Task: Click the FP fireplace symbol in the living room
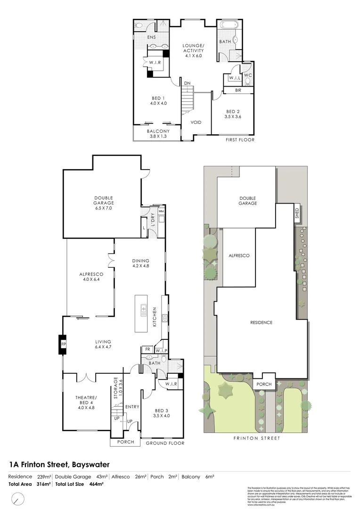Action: tap(63, 345)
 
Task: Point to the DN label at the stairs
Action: tap(187, 83)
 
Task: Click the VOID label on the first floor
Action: tap(196, 123)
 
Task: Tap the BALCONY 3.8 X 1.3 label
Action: tap(158, 133)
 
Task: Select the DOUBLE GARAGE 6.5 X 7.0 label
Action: tap(103, 203)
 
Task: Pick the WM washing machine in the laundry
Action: tap(161, 212)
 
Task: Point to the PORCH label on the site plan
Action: tap(264, 384)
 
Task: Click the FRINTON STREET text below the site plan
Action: tap(257, 438)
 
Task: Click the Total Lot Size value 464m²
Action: tap(97, 484)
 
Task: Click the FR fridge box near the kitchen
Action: tap(147, 350)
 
